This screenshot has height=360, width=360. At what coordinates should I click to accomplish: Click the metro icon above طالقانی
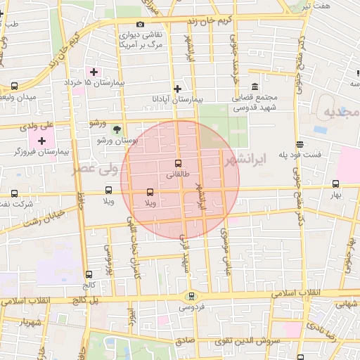point(177,164)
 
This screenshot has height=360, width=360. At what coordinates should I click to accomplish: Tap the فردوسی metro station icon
point(191,296)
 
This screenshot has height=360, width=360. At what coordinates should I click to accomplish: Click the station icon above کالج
point(89,275)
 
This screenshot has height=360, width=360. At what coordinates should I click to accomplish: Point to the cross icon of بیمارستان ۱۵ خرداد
point(94,72)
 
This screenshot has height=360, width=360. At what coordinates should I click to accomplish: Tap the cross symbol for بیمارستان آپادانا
point(177,89)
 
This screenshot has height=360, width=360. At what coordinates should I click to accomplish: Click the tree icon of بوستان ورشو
point(117,129)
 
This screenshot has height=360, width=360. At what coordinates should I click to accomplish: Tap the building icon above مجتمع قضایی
point(254,85)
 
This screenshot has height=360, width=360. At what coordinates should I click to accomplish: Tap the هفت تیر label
point(314,6)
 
